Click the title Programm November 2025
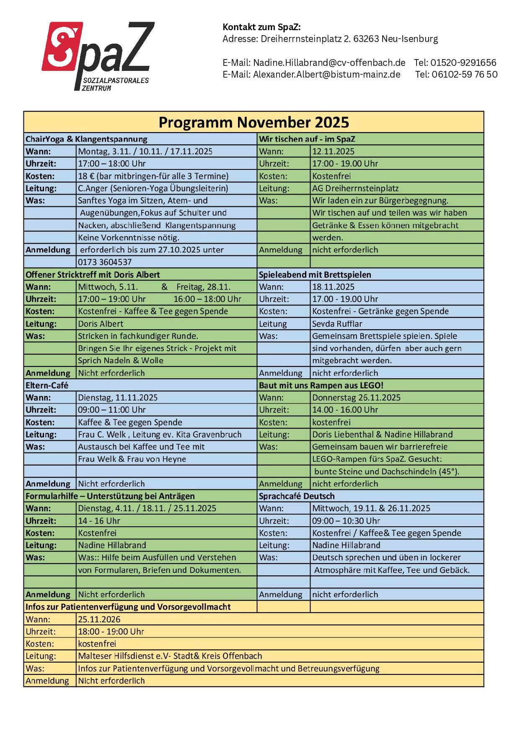(x=254, y=122)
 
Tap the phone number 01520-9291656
(x=455, y=63)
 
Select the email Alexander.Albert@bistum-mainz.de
(x=326, y=75)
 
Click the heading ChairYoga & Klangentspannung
(x=86, y=139)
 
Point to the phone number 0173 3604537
(x=105, y=262)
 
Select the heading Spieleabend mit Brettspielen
(x=315, y=275)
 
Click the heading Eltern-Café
(x=47, y=385)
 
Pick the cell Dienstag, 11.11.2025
(x=118, y=398)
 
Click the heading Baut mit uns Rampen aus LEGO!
(x=321, y=385)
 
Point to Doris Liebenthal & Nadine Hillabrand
(x=382, y=434)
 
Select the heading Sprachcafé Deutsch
(x=297, y=496)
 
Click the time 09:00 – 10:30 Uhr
(x=346, y=521)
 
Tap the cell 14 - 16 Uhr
(x=99, y=521)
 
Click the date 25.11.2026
(x=99, y=619)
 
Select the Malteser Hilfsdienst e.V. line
(x=170, y=656)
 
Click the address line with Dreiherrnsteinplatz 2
(x=330, y=39)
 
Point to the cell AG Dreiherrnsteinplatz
(x=355, y=188)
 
